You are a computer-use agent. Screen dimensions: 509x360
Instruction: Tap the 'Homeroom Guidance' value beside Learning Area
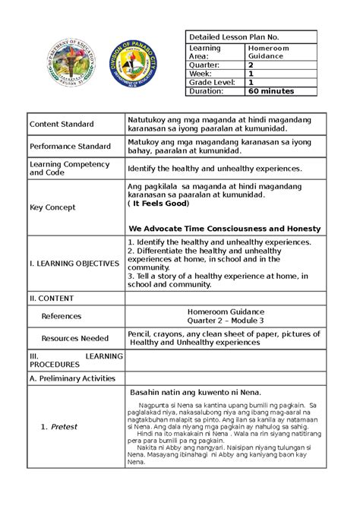tap(267, 52)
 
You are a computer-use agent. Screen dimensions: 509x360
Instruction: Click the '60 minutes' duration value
tap(270, 91)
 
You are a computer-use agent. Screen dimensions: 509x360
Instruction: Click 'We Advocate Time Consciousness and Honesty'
tap(224, 229)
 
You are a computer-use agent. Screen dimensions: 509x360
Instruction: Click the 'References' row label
tap(61, 315)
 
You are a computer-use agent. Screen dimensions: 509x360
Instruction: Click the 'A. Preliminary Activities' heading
tap(71, 378)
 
